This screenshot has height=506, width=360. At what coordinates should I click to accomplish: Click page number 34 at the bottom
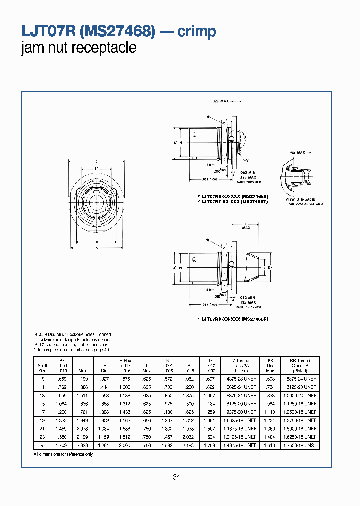point(176,477)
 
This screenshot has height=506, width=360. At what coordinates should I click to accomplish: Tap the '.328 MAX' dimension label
point(220,101)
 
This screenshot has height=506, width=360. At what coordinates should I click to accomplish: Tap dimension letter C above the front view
point(96,161)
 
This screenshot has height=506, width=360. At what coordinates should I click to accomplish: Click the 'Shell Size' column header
point(43,368)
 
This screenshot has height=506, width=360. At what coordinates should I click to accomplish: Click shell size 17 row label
point(43,412)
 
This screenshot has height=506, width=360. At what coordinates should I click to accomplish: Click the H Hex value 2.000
point(125,445)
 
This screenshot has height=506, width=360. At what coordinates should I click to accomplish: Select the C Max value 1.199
point(83,379)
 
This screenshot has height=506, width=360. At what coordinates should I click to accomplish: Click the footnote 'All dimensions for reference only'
point(63,454)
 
